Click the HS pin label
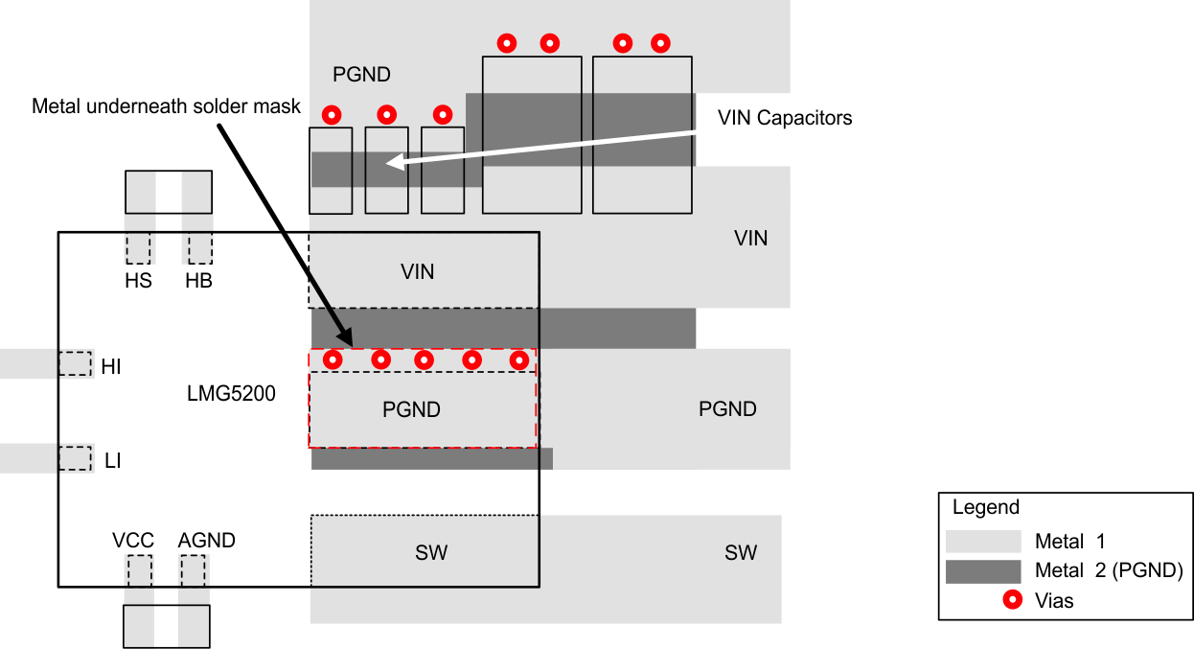click(138, 282)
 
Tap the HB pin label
click(198, 282)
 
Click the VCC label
click(133, 541)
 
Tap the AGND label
click(206, 541)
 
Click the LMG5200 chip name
click(231, 393)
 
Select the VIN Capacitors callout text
click(784, 118)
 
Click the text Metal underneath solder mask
click(166, 105)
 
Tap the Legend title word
click(986, 508)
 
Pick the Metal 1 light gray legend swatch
click(982, 541)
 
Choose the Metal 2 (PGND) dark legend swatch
click(982, 571)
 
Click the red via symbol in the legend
click(1011, 601)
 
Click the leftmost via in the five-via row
click(333, 359)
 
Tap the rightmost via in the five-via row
click(518, 359)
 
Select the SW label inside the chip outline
click(430, 553)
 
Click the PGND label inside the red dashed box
click(411, 410)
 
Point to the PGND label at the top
click(361, 75)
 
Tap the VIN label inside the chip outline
click(417, 272)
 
